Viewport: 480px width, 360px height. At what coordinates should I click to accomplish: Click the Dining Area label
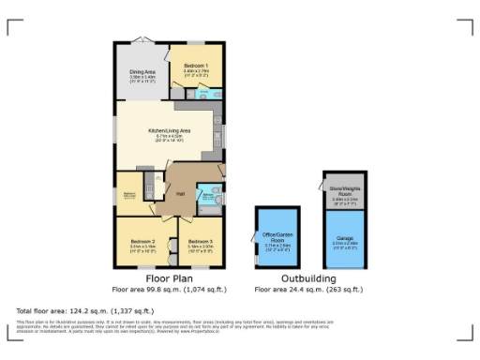(142, 71)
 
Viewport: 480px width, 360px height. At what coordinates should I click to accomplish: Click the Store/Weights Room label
(344, 191)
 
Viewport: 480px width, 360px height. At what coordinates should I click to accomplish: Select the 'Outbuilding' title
(308, 279)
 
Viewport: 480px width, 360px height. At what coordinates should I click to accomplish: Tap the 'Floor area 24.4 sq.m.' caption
(308, 290)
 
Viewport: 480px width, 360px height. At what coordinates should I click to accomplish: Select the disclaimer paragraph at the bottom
(234, 326)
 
